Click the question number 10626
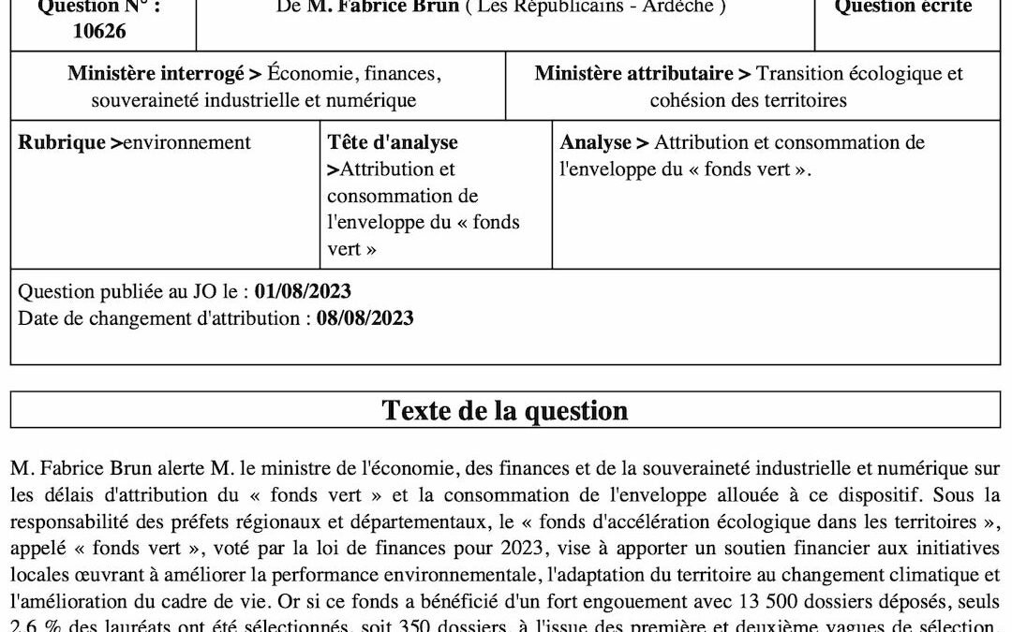(x=98, y=31)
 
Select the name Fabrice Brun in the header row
(x=387, y=7)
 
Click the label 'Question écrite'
(x=903, y=7)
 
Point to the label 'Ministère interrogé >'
(x=164, y=73)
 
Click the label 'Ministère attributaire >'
(x=642, y=73)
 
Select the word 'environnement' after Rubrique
(x=187, y=142)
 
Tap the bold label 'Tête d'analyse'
(x=393, y=142)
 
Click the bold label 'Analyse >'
(x=604, y=142)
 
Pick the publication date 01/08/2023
(x=303, y=291)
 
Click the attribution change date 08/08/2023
(x=365, y=317)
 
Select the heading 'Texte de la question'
(x=505, y=410)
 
